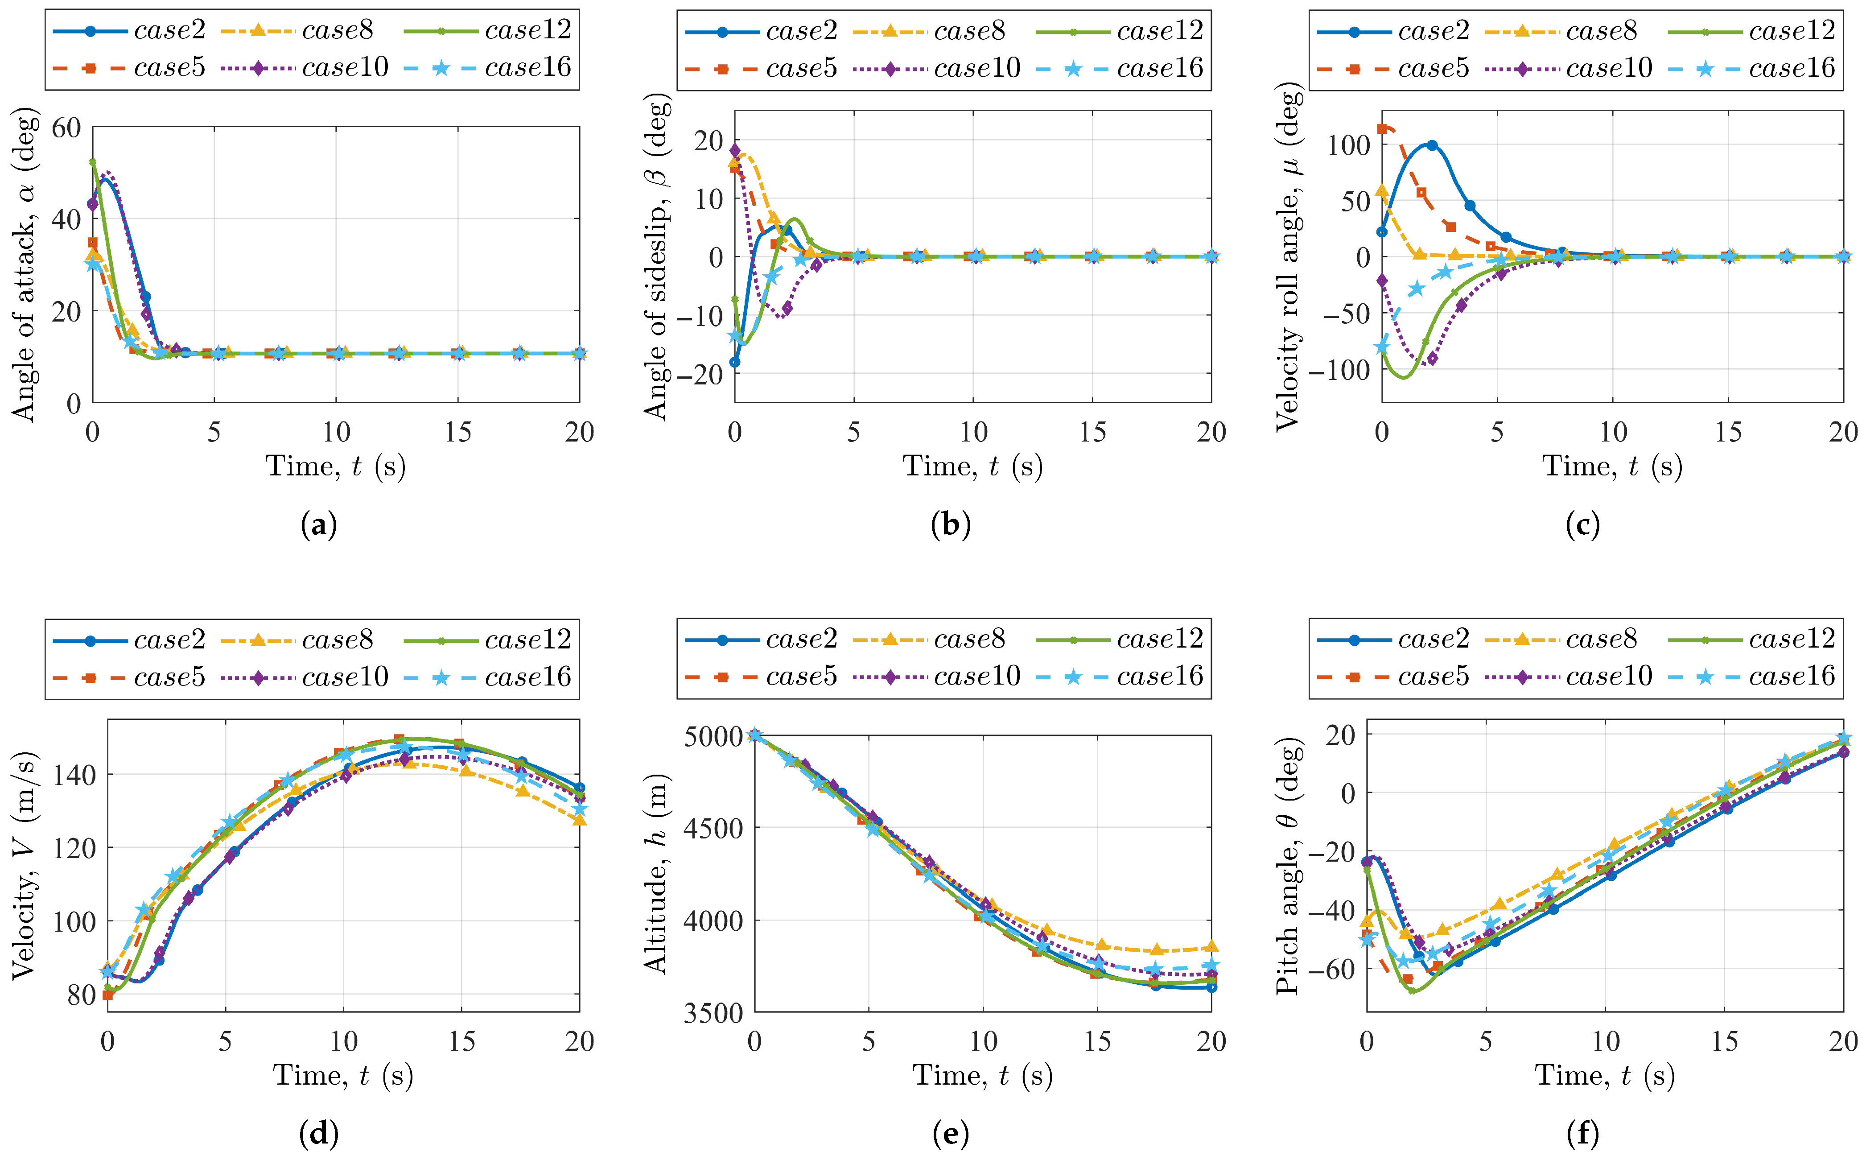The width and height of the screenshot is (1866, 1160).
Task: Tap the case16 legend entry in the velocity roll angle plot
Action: [x=1752, y=68]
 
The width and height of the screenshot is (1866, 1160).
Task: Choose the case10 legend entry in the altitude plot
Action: [x=936, y=676]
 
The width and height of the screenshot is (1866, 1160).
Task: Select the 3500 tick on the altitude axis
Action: [x=714, y=1013]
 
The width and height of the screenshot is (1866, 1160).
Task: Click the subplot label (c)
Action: [x=1582, y=525]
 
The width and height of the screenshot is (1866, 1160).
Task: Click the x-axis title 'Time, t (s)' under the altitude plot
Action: [x=982, y=1076]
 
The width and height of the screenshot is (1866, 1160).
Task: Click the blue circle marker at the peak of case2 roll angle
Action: [x=1431, y=145]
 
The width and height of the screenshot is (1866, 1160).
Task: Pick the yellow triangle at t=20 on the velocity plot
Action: [x=580, y=820]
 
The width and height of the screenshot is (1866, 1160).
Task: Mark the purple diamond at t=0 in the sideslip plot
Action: [x=735, y=150]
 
